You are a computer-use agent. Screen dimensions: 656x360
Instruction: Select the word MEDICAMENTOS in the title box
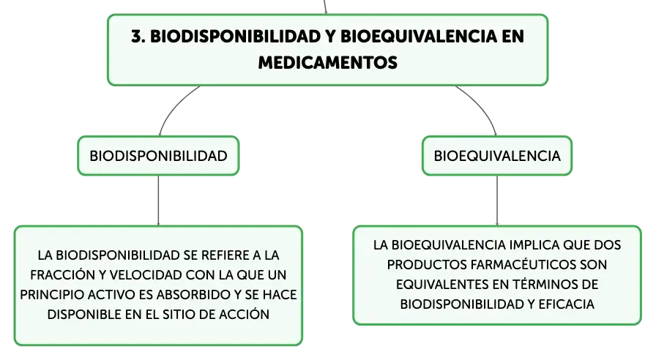327,63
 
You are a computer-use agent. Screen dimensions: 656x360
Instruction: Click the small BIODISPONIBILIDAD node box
158,156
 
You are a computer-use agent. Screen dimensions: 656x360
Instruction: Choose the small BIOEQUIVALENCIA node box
497,156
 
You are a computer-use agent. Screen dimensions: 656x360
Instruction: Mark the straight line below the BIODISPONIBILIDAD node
158,200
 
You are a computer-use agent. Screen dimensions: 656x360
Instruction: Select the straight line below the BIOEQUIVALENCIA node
497,200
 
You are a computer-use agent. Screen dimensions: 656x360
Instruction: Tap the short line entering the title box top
324,7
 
